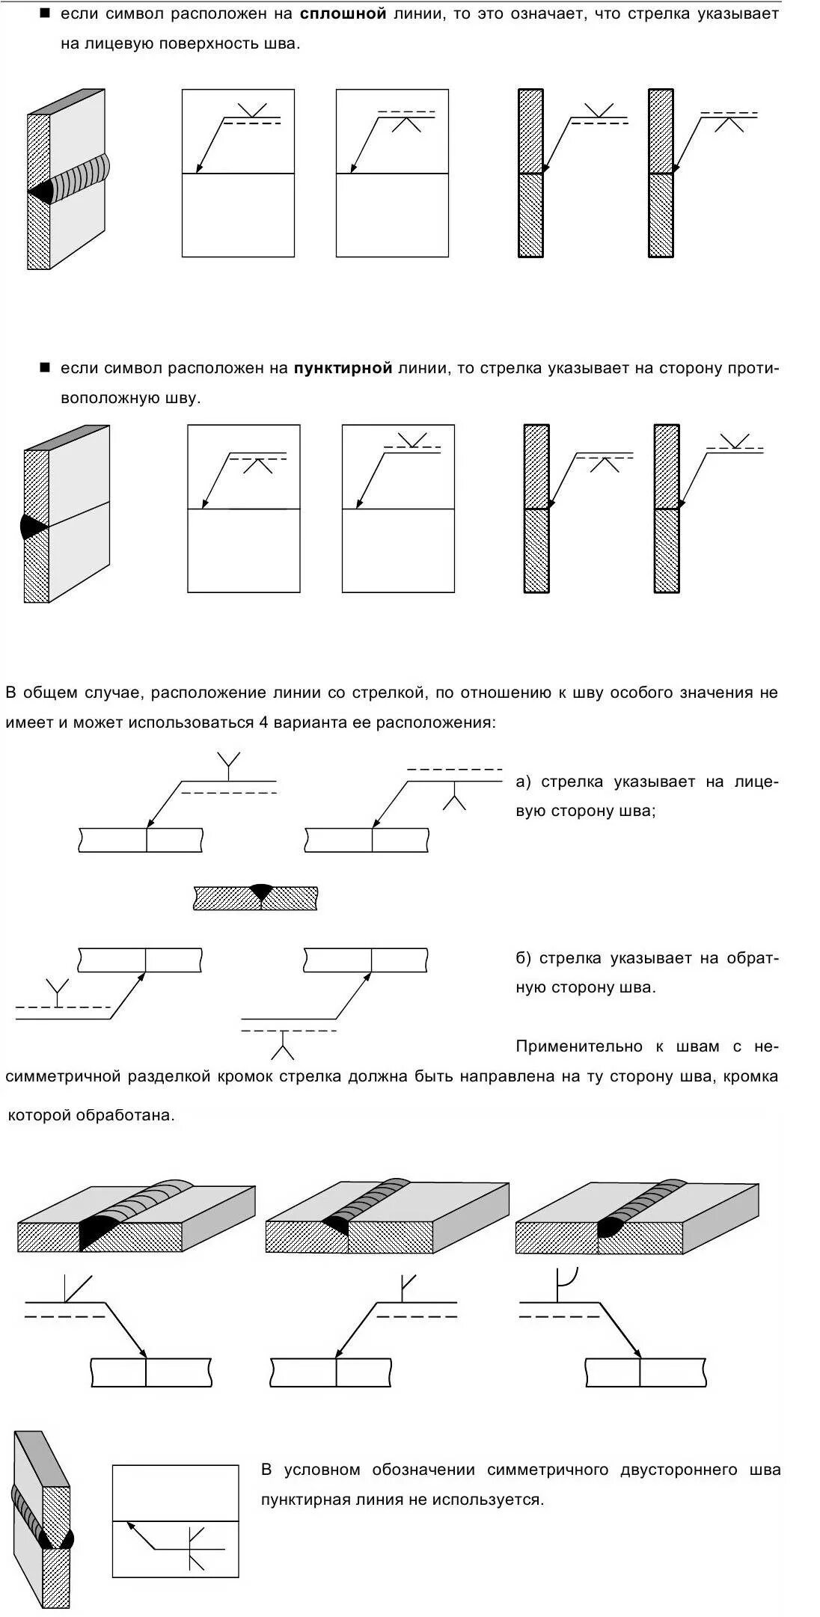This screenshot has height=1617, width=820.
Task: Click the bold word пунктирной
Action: (343, 368)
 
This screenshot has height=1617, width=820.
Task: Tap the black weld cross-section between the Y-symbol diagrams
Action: (261, 892)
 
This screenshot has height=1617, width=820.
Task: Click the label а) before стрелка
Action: (523, 782)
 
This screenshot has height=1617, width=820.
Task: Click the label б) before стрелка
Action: (523, 959)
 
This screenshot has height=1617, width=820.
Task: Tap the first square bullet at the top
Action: (45, 14)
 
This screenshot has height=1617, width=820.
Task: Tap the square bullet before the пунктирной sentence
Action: (45, 368)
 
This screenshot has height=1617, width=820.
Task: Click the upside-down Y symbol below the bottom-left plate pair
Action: (283, 1046)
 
